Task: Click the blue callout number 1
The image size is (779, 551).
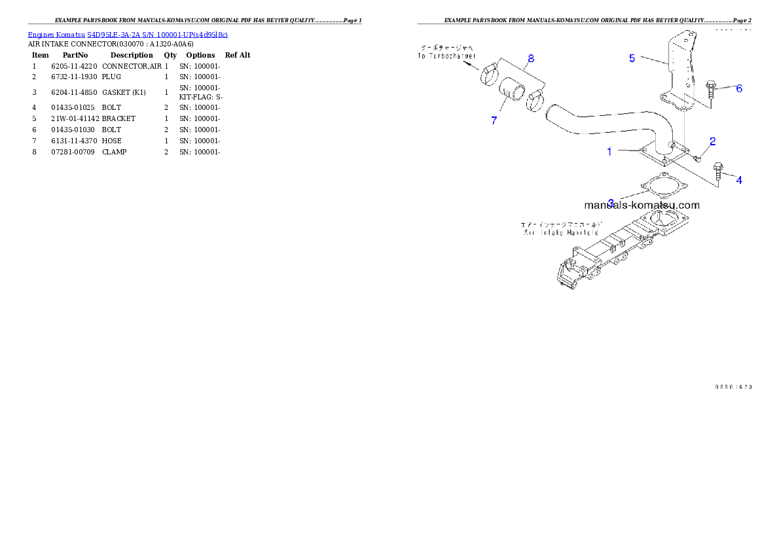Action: [x=609, y=152]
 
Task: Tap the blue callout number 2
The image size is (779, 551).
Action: [x=713, y=141]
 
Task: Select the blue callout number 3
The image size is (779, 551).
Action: [x=611, y=203]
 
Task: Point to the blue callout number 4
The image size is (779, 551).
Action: [x=739, y=180]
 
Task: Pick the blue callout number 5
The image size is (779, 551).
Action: [x=632, y=58]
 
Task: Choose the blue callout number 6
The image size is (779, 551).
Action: [x=739, y=88]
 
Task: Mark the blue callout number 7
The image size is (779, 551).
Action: [x=494, y=120]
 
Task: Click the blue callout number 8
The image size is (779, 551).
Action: [x=531, y=58]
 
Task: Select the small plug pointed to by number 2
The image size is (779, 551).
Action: [x=698, y=157]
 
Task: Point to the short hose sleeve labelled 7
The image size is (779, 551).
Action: [x=513, y=92]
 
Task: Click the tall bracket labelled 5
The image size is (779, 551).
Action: [x=677, y=72]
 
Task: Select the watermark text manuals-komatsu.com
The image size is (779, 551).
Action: [x=642, y=205]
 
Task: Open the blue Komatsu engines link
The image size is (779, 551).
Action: [x=128, y=34]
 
